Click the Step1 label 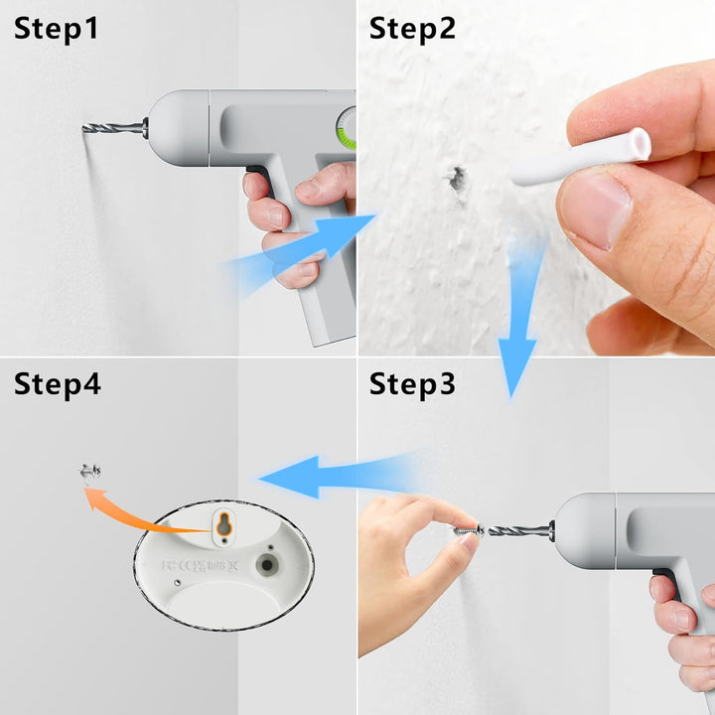(56, 29)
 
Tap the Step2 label (412, 29)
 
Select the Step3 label (412, 384)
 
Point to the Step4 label (57, 384)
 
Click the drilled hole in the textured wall (457, 179)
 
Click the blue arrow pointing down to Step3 (519, 319)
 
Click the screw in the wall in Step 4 (89, 471)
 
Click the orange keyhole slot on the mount (223, 523)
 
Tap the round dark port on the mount (267, 565)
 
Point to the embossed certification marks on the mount (201, 566)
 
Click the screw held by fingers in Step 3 (470, 530)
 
